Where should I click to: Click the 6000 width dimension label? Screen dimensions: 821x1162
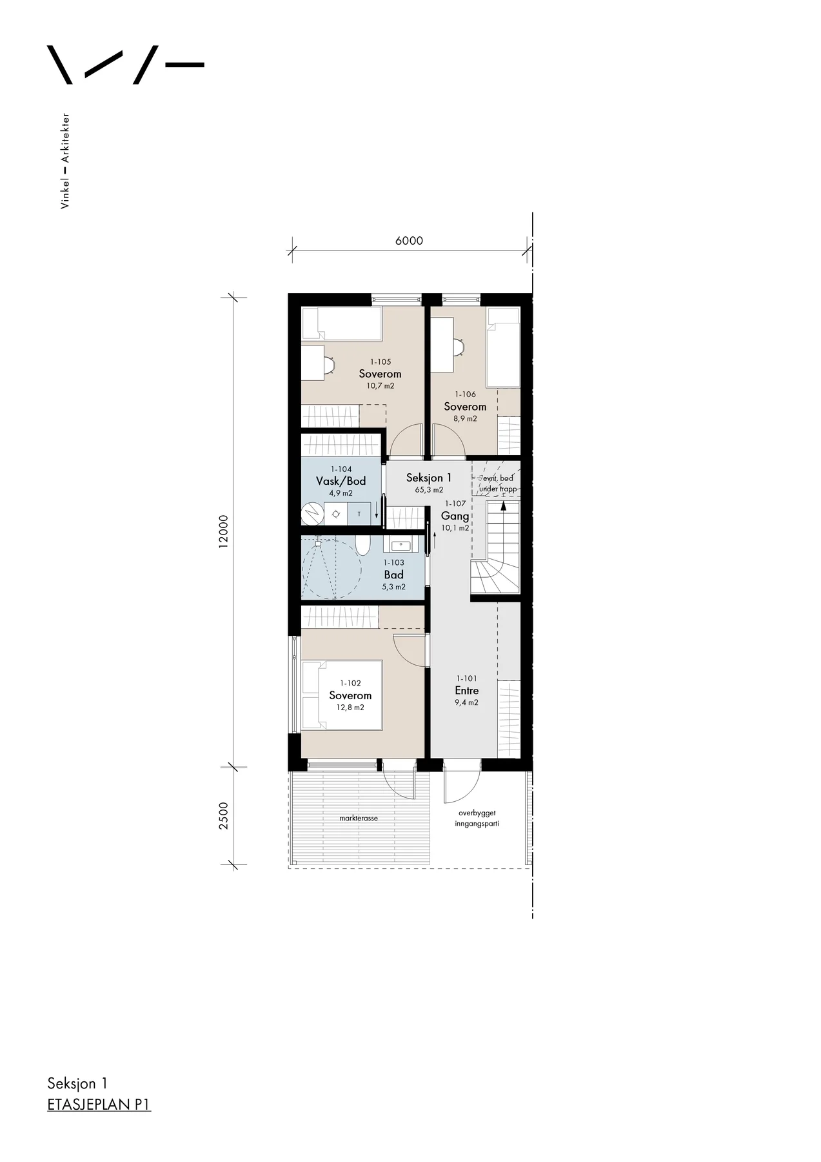pyautogui.click(x=409, y=241)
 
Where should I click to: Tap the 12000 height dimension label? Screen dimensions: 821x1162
pyautogui.click(x=223, y=531)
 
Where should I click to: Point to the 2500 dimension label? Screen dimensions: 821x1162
pyautogui.click(x=223, y=816)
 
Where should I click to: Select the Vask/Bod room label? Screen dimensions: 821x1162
pyautogui.click(x=341, y=481)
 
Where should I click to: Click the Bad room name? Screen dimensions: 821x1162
pyautogui.click(x=394, y=575)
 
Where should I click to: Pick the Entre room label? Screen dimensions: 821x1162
pyautogui.click(x=466, y=691)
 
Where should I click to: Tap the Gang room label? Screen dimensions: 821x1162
pyautogui.click(x=455, y=516)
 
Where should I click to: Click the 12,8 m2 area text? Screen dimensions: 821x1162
pyautogui.click(x=350, y=708)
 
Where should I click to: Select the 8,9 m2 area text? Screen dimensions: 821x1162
pyautogui.click(x=465, y=418)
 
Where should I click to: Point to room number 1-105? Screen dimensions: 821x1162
pyautogui.click(x=381, y=362)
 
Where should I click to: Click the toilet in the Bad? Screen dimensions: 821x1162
pyautogui.click(x=364, y=545)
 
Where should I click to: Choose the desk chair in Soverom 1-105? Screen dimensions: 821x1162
pyautogui.click(x=329, y=365)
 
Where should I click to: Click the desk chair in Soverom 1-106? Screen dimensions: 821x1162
pyautogui.click(x=459, y=347)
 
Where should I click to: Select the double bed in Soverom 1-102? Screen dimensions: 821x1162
pyautogui.click(x=342, y=695)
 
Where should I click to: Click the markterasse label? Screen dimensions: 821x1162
pyautogui.click(x=359, y=818)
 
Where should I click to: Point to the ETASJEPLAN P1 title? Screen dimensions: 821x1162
pyautogui.click(x=99, y=1105)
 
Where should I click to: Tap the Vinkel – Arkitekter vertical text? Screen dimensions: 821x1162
pyautogui.click(x=64, y=161)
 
